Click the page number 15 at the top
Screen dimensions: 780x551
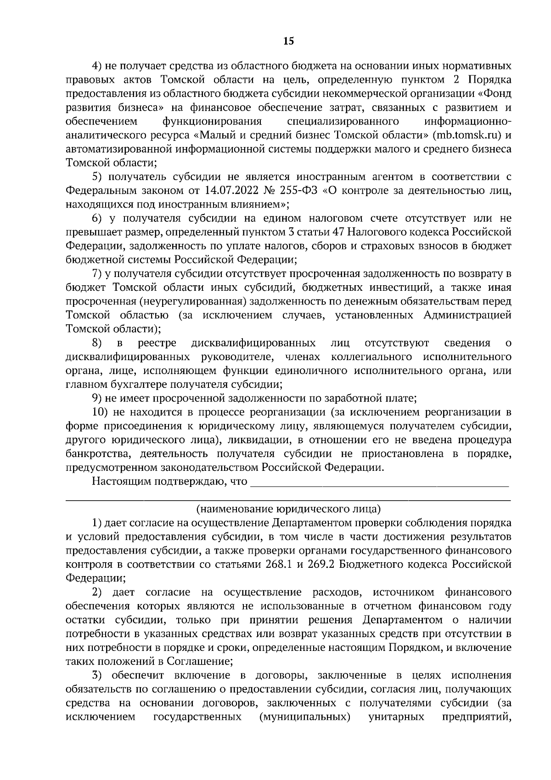click(x=288, y=41)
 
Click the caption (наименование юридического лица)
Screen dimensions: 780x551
click(x=288, y=509)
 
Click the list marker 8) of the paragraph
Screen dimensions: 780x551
click(x=97, y=343)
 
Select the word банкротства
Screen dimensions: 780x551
click(x=96, y=454)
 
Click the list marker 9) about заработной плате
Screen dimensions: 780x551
click(x=97, y=398)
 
